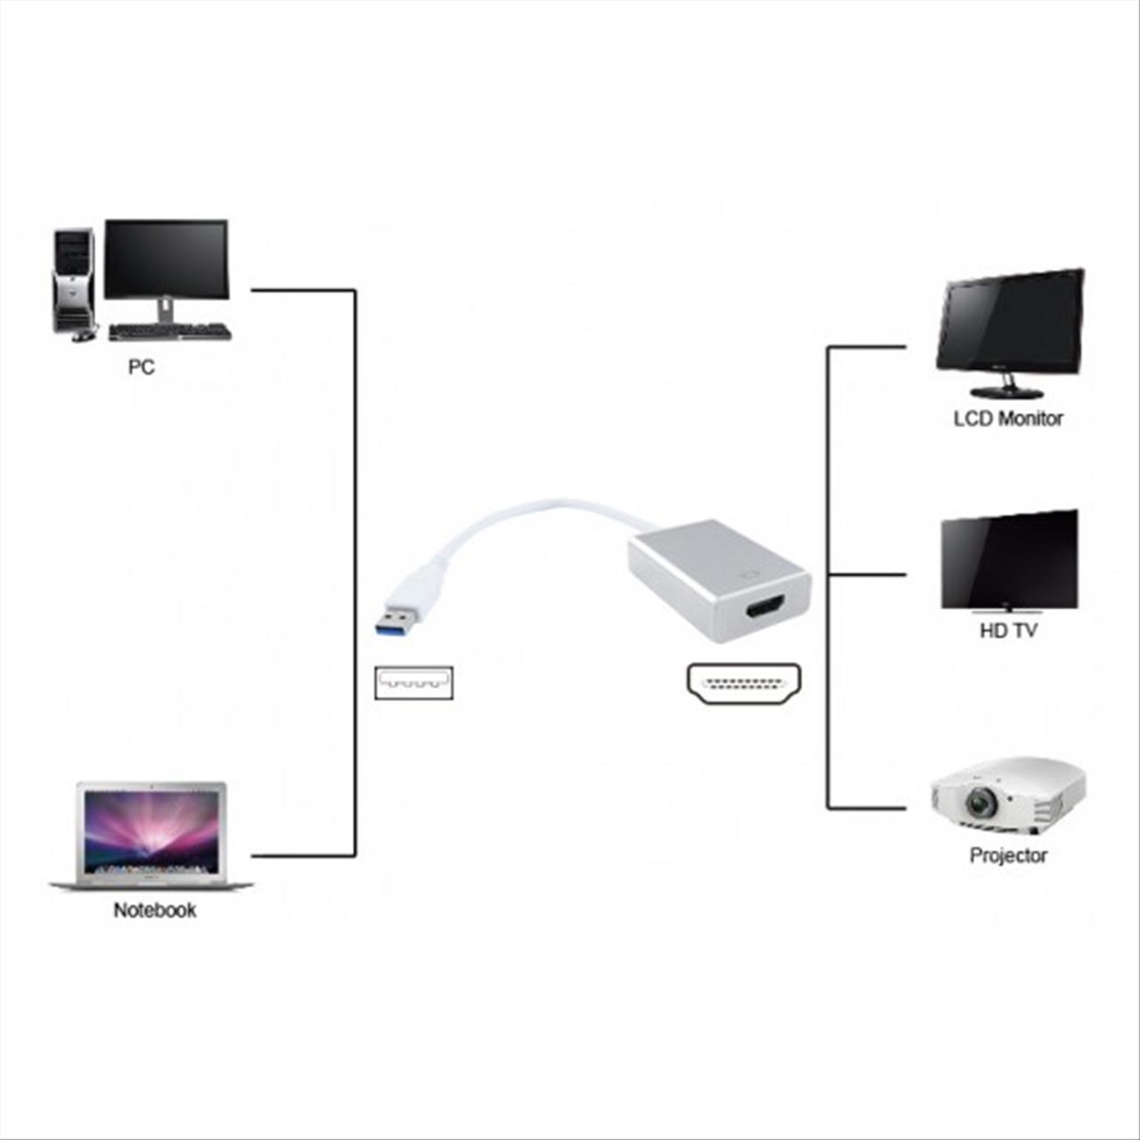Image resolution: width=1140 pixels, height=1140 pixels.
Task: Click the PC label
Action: [141, 367]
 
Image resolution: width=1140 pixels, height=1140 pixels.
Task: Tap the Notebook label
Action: [154, 910]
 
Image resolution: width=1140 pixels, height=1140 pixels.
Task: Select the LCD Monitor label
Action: [1007, 418]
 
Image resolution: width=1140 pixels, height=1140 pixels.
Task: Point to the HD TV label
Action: [1008, 631]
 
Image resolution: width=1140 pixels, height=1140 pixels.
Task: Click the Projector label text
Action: [1007, 855]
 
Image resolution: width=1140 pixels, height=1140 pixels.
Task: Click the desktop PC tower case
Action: [74, 280]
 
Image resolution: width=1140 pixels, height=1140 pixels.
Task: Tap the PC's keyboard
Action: [169, 332]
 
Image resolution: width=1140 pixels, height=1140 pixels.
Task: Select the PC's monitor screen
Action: [166, 258]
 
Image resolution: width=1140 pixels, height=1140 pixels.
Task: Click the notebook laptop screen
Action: [151, 831]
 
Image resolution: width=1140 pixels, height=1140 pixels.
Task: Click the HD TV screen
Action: [1009, 561]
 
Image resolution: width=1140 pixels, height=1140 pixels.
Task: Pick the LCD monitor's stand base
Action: [1006, 392]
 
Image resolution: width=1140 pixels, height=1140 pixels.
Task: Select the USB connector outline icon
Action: [413, 683]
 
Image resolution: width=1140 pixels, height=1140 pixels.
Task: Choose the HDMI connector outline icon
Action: [744, 684]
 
